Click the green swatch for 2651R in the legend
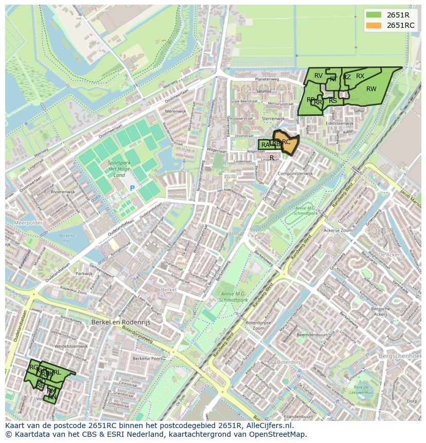(374, 15)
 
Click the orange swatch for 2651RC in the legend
(374, 25)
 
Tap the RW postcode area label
(371, 89)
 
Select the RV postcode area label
(318, 76)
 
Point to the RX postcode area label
(360, 76)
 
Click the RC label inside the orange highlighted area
(287, 142)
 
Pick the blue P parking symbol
(132, 189)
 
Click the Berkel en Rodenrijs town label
(119, 322)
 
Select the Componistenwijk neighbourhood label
(295, 174)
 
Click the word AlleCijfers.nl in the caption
(267, 426)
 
